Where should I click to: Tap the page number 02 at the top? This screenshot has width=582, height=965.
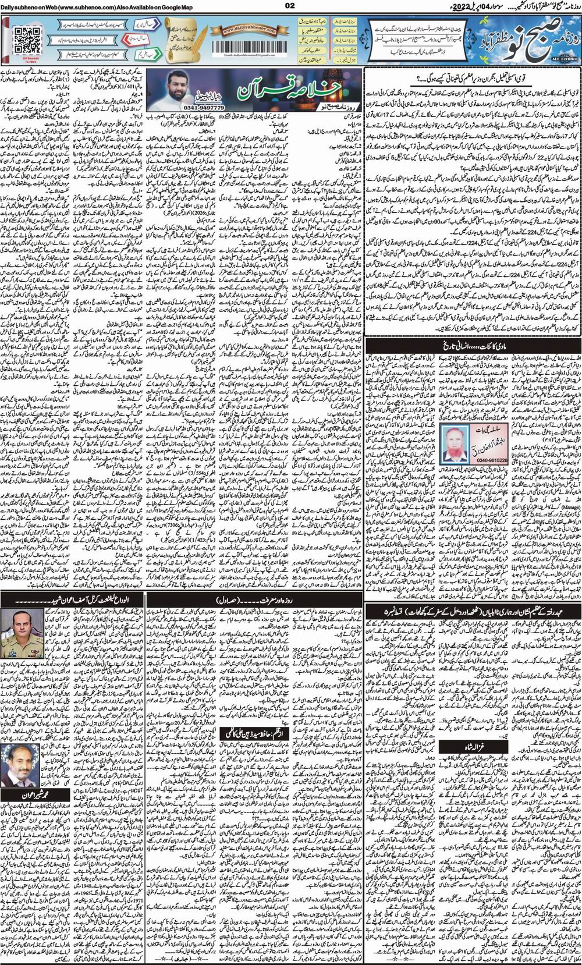pyautogui.click(x=292, y=6)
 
